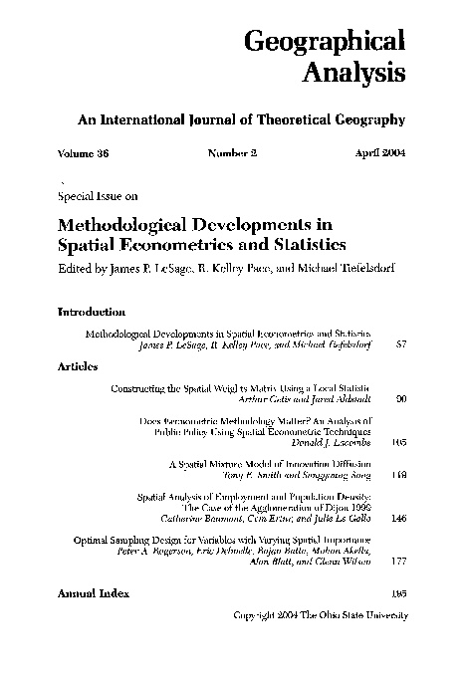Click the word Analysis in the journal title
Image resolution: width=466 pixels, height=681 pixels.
tap(354, 74)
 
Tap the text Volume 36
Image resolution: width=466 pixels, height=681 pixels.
tap(85, 154)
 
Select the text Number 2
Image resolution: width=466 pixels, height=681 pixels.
tap(232, 154)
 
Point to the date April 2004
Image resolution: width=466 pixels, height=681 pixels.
tap(379, 154)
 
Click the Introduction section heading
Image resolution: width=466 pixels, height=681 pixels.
tap(91, 312)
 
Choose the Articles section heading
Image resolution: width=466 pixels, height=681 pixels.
tap(78, 366)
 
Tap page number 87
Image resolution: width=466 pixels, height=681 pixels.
tap(402, 343)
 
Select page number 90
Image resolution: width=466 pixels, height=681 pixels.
tap(402, 398)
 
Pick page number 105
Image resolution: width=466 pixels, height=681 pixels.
tap(400, 442)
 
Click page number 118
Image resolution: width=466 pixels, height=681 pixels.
tap(400, 476)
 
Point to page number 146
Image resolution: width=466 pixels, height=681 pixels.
tap(400, 519)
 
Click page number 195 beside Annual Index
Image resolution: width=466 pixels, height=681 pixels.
tap(400, 593)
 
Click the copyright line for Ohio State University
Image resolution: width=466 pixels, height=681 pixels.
tap(320, 615)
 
